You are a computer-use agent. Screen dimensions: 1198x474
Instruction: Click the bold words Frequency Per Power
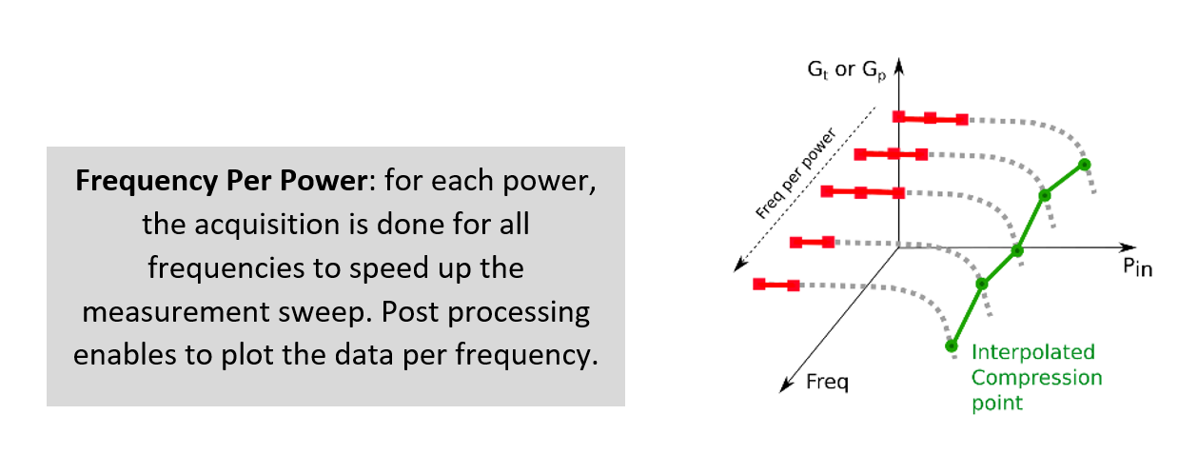(x=222, y=181)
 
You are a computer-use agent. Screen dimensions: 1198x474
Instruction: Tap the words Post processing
(x=485, y=312)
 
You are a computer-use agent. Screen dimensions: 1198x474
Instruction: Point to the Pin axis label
(x=1137, y=267)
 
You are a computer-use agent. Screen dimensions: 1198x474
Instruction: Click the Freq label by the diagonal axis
(x=827, y=382)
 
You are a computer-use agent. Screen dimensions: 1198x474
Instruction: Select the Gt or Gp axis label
(x=847, y=70)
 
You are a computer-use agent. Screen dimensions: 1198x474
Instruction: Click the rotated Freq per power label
(x=795, y=173)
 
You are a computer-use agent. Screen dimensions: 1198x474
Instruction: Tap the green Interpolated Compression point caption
(x=1036, y=377)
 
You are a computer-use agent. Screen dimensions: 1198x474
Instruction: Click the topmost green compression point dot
(x=1084, y=165)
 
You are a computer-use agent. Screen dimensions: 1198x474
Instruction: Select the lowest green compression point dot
(x=951, y=346)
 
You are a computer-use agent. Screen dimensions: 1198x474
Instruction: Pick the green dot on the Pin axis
(x=1017, y=250)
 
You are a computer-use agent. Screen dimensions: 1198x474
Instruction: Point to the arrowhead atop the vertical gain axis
(x=899, y=66)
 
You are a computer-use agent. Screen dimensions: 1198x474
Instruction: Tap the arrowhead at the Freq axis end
(x=785, y=385)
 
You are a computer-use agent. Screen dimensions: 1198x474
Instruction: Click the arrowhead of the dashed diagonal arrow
(x=739, y=265)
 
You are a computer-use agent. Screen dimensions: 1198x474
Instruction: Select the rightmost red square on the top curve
(x=962, y=119)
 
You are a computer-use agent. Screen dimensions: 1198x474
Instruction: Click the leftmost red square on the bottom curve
(x=759, y=284)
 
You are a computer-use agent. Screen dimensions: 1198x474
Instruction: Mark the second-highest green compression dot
(x=1045, y=196)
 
